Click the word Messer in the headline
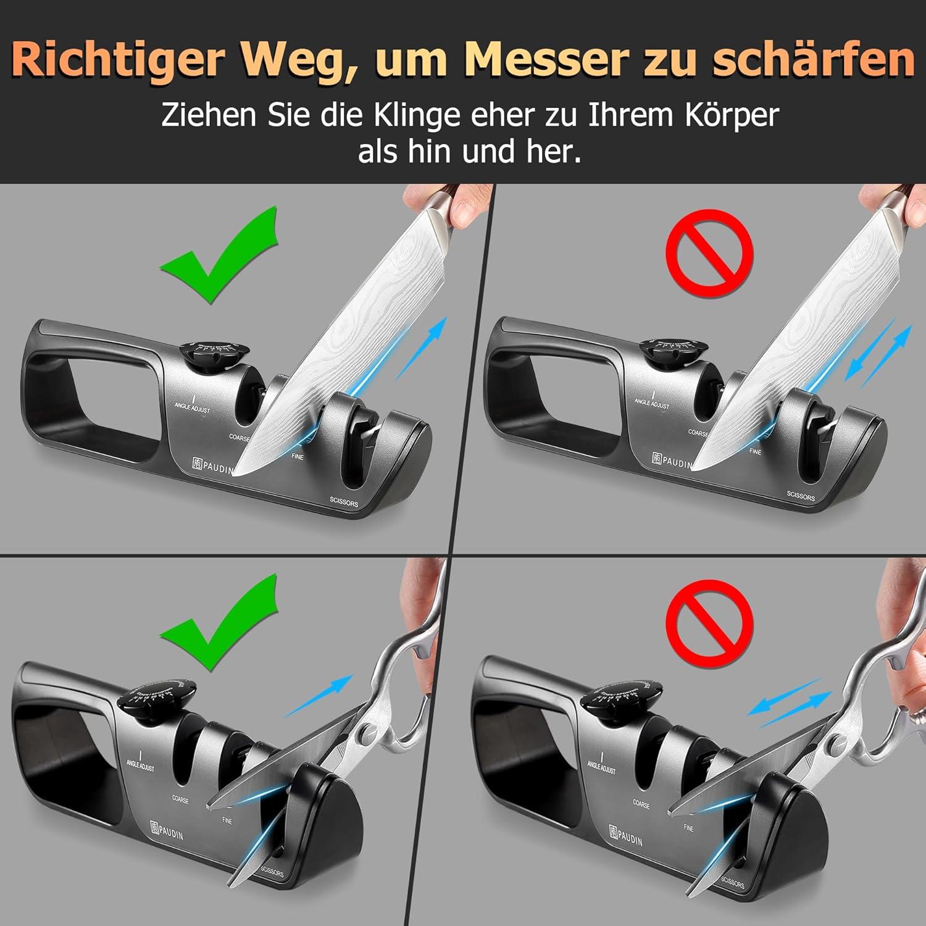click(x=546, y=60)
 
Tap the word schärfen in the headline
click(x=813, y=60)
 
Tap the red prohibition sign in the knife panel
click(x=709, y=252)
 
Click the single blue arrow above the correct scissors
click(x=319, y=694)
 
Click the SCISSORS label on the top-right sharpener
click(x=801, y=495)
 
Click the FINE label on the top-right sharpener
click(x=755, y=451)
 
